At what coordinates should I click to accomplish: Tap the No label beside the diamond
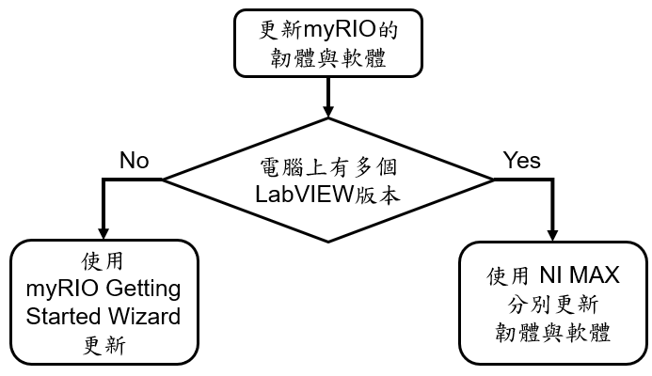tap(134, 160)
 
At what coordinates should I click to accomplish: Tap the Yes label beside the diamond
tap(521, 160)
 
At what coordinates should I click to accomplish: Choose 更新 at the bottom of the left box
tap(103, 344)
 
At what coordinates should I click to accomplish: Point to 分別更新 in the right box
tap(550, 305)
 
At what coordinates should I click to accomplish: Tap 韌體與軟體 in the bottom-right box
tap(550, 334)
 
